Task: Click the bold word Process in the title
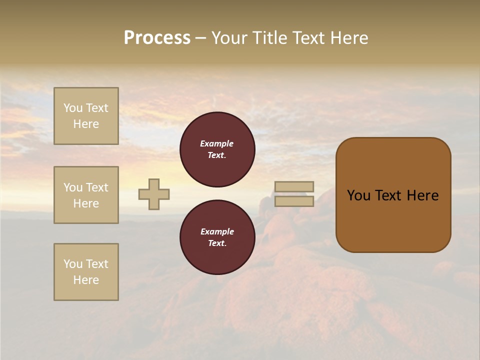[157, 38]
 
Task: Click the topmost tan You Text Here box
[86, 116]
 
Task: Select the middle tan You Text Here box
[86, 195]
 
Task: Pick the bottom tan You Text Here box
[86, 272]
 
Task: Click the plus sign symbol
[154, 194]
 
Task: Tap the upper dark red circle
[217, 149]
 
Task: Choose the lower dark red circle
[217, 237]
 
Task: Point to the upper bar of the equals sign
[294, 186]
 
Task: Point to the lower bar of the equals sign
[294, 201]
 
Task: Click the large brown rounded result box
[393, 195]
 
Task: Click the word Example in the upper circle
[217, 143]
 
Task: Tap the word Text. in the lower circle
[217, 243]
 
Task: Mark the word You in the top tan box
[72, 108]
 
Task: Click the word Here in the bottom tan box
[86, 280]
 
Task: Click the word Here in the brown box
[422, 195]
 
